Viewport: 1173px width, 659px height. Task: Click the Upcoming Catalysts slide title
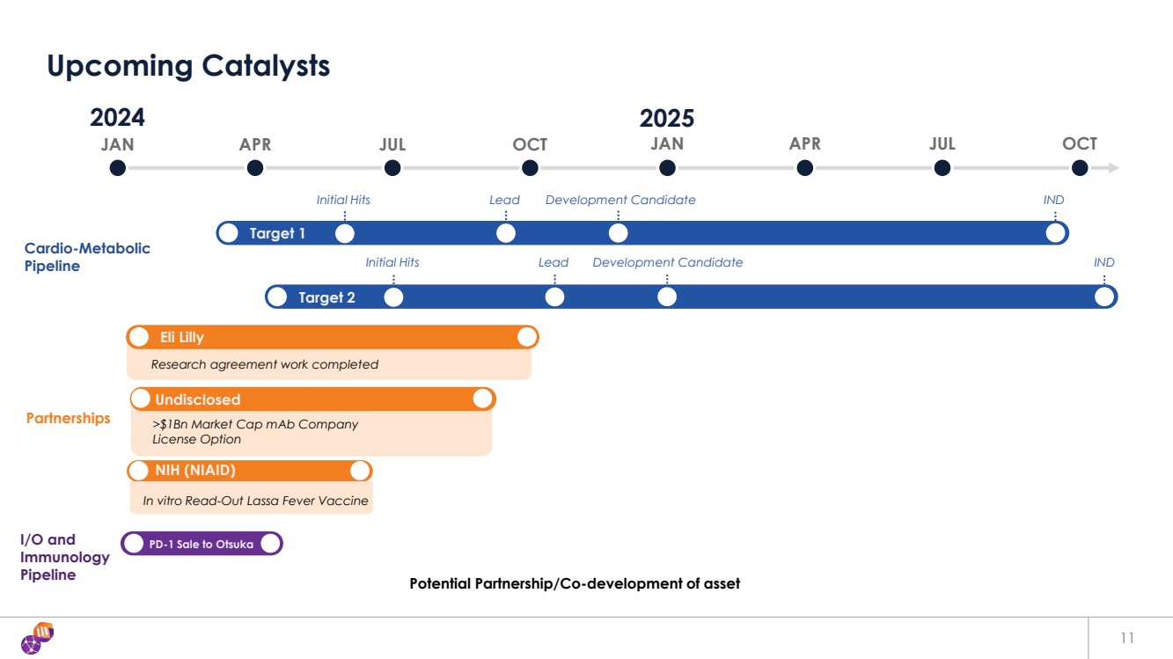tap(188, 66)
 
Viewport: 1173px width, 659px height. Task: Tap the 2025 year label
tap(666, 118)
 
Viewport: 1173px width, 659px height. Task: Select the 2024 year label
tap(117, 118)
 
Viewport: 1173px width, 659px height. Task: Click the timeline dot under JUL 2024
tap(392, 168)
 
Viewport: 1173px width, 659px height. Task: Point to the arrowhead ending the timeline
tap(1114, 168)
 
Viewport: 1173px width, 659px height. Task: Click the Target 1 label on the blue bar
tap(277, 234)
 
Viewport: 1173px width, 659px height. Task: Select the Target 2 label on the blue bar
tap(326, 298)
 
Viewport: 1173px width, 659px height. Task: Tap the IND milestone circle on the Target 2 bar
tap(1104, 297)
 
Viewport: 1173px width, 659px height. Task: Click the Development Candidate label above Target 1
tap(620, 200)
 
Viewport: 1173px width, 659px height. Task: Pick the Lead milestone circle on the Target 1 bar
tap(505, 233)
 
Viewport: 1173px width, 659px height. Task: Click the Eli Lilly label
tap(181, 338)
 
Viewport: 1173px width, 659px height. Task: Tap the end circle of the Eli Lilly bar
tap(527, 337)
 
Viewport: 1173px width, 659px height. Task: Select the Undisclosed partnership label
tap(197, 399)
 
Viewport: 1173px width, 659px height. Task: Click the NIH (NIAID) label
tap(195, 471)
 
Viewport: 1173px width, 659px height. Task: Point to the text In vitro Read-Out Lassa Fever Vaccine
tap(255, 502)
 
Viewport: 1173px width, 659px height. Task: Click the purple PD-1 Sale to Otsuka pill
tap(202, 545)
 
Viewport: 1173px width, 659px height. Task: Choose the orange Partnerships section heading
tap(69, 418)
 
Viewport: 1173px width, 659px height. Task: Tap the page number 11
tap(1128, 638)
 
